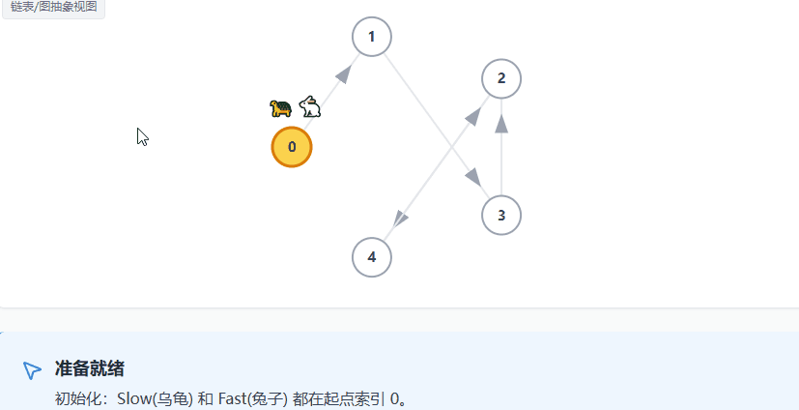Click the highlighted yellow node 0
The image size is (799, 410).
pyautogui.click(x=292, y=147)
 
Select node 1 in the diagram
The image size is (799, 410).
pyautogui.click(x=372, y=37)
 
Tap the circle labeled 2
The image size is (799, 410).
pyautogui.click(x=501, y=78)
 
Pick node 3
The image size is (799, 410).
pyautogui.click(x=501, y=215)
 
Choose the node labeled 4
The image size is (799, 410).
pyautogui.click(x=372, y=257)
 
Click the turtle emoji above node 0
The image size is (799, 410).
pyautogui.click(x=281, y=107)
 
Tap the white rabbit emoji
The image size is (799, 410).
pyautogui.click(x=310, y=106)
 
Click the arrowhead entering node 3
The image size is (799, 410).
pyautogui.click(x=472, y=179)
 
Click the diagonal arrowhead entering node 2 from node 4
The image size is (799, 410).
pyautogui.click(x=473, y=114)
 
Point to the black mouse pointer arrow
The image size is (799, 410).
pyautogui.click(x=142, y=136)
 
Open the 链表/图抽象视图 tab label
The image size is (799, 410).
pyautogui.click(x=53, y=6)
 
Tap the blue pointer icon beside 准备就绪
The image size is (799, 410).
pyautogui.click(x=32, y=370)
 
